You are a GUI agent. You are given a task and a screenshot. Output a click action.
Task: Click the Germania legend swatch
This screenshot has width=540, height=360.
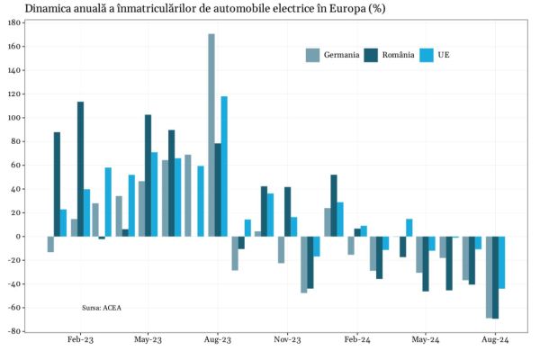point(313,55)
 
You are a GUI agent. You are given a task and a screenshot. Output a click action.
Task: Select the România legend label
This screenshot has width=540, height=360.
point(398,55)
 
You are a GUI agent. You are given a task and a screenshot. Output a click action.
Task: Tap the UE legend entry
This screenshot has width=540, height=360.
point(443,55)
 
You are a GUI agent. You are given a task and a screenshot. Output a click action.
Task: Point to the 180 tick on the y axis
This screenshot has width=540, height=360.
point(15,22)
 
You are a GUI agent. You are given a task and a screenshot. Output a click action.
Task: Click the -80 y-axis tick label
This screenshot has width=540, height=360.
point(15,331)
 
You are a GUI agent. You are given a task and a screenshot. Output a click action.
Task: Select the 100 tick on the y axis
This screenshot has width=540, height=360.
point(15,118)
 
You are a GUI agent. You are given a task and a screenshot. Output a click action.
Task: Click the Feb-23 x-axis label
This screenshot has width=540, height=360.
point(80,341)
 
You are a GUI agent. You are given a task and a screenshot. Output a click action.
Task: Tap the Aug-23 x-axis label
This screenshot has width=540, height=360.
point(218,341)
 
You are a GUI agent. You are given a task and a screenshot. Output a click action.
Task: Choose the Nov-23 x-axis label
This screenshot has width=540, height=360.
point(287,341)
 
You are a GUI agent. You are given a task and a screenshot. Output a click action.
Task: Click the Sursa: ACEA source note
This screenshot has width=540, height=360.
point(101,308)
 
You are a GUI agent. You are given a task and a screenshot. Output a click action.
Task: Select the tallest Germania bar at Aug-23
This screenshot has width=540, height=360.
point(211,135)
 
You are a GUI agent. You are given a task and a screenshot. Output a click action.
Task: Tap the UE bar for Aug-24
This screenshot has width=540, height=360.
point(502,262)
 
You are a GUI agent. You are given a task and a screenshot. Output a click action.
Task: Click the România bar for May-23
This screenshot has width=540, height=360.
point(148,175)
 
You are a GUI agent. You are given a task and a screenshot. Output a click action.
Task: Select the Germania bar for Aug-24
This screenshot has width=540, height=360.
point(489,277)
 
